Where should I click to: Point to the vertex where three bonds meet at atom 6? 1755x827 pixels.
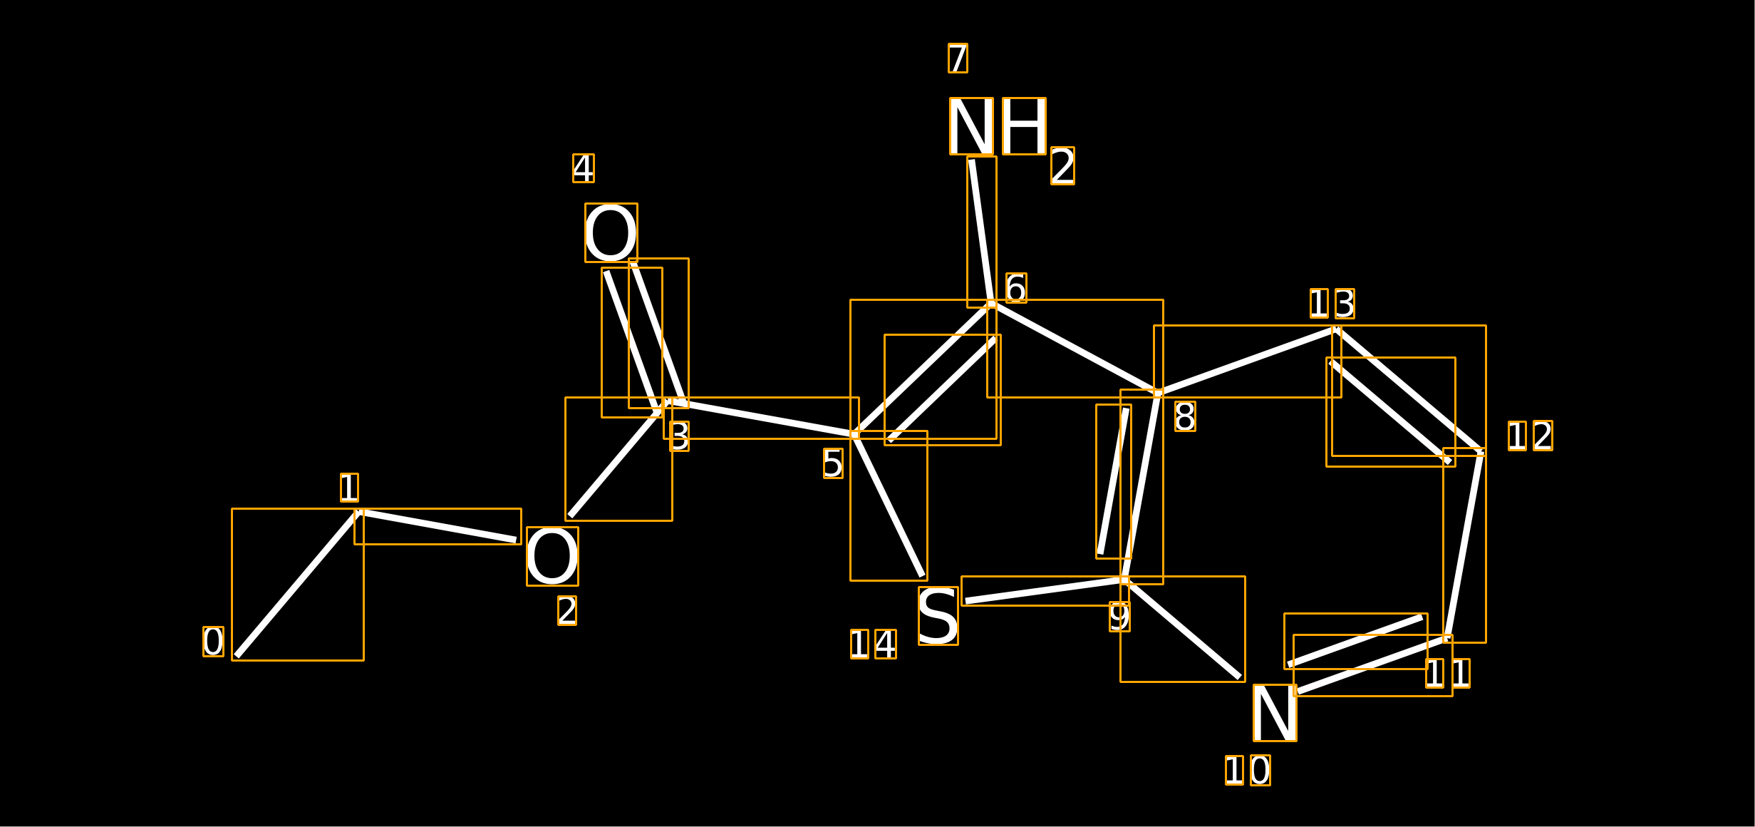(992, 304)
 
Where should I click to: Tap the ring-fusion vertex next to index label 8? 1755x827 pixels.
(1159, 393)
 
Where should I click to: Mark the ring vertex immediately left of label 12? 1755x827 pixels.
(1481, 452)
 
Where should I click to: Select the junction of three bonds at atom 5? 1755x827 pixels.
(854, 434)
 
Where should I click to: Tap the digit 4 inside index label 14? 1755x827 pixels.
(886, 644)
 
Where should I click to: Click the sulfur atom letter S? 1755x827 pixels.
(938, 616)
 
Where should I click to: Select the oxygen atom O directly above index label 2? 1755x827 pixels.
(552, 557)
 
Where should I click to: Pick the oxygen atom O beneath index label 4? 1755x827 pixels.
(611, 233)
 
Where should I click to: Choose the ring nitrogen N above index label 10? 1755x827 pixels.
(1275, 713)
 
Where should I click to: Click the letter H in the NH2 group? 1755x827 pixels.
(1025, 126)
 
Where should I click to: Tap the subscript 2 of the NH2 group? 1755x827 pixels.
(1062, 166)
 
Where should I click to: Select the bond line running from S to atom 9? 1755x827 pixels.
(1045, 591)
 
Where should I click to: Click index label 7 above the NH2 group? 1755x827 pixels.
(958, 58)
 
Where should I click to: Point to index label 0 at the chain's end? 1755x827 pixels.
(213, 642)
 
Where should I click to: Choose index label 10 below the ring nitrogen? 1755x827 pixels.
(1248, 771)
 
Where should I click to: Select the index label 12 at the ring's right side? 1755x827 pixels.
(1531, 436)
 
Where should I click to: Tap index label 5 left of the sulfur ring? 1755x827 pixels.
(833, 463)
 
